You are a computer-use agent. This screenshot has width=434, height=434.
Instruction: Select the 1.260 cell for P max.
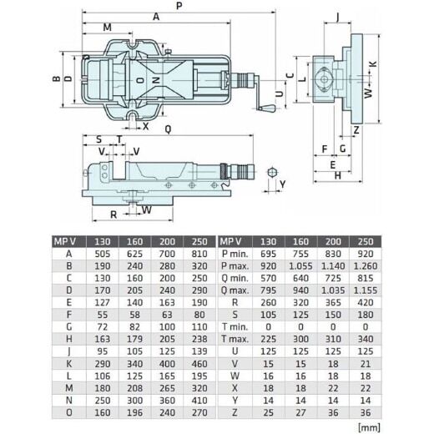363,265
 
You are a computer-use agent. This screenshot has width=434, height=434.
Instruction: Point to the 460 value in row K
200,365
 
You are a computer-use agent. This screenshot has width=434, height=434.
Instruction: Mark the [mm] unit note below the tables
366,426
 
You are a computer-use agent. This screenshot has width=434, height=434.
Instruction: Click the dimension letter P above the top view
179,7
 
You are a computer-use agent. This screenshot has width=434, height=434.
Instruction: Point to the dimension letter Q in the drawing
169,129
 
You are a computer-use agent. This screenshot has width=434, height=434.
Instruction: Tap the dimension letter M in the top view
107,28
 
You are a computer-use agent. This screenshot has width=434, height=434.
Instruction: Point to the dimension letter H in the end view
336,176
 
